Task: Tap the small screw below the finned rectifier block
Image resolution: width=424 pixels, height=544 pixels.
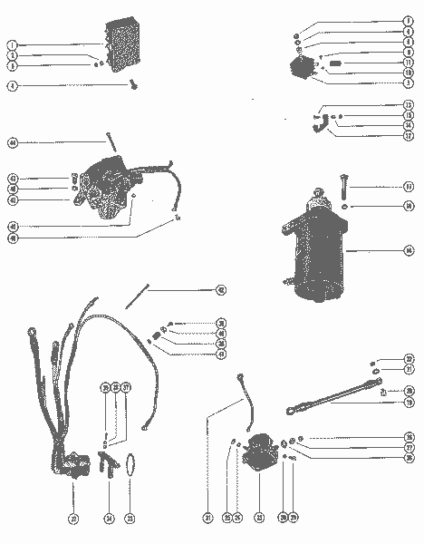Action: pyautogui.click(x=134, y=85)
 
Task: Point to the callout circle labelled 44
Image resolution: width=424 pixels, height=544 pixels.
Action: pyautogui.click(x=13, y=142)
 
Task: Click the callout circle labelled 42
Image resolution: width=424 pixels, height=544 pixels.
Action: pyautogui.click(x=220, y=291)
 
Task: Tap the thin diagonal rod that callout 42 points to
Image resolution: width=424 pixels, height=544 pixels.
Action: pyautogui.click(x=138, y=294)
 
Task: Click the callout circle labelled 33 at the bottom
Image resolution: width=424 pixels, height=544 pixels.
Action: pyautogui.click(x=130, y=519)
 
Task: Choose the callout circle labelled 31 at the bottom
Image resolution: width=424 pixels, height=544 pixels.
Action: pyautogui.click(x=208, y=519)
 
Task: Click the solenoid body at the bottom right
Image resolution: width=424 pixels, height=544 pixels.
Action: pyautogui.click(x=259, y=451)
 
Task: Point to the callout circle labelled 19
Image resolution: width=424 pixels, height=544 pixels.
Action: pyautogui.click(x=410, y=402)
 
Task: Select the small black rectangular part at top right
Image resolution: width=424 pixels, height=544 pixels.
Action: pyautogui.click(x=334, y=64)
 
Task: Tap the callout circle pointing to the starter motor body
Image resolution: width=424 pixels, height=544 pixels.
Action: pyautogui.click(x=410, y=248)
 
